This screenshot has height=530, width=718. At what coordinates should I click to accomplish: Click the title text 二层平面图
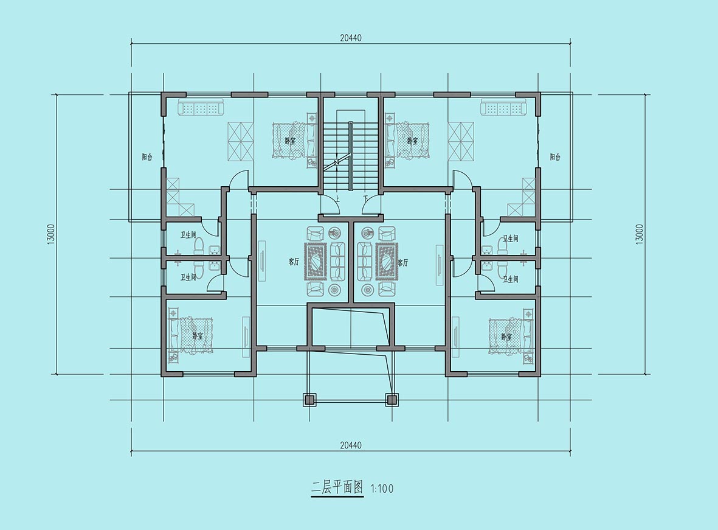pos(337,487)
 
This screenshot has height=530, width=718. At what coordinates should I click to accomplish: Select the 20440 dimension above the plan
pos(351,38)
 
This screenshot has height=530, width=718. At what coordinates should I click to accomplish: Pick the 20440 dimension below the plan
pos(351,445)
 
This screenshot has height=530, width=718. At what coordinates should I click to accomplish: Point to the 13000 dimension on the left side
pos(51,234)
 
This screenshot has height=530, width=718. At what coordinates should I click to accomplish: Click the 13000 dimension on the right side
pos(640,234)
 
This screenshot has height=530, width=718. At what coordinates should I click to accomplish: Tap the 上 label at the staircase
pos(337,200)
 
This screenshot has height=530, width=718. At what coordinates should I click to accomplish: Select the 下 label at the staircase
pos(365,200)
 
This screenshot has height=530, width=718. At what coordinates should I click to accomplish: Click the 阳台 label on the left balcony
pos(147,157)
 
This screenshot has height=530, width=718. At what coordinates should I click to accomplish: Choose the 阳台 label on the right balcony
pos(555,157)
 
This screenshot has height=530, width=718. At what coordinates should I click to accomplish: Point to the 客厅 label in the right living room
pos(403,263)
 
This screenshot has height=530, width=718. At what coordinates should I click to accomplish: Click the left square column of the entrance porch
pos(309,399)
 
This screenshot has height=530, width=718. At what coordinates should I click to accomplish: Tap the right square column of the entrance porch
pos(392,399)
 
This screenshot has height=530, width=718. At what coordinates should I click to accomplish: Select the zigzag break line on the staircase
pos(337,162)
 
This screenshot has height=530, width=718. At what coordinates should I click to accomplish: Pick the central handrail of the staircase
pos(351,155)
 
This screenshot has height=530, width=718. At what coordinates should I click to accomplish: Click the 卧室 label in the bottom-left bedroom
pos(198,336)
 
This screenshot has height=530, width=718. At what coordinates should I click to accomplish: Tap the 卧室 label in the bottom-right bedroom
pos(506,337)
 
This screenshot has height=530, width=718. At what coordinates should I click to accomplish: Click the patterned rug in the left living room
pos(316,262)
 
